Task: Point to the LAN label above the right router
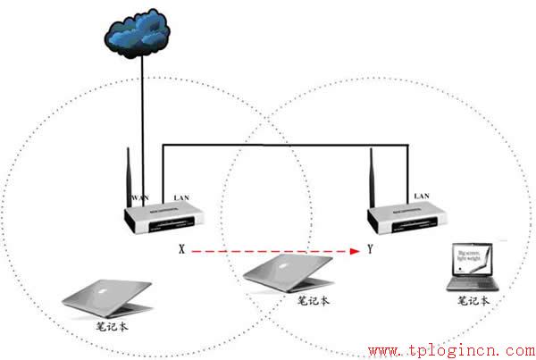coord(423,195)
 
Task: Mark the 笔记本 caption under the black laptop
coord(473,301)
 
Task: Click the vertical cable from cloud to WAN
coord(141,125)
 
